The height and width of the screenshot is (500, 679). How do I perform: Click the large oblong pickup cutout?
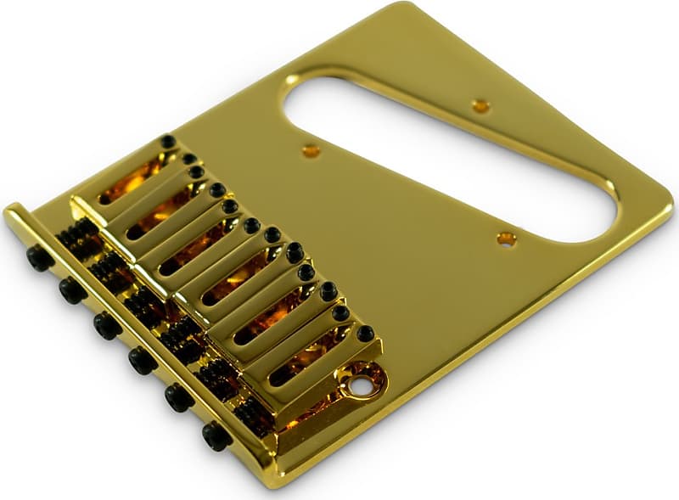pyautogui.click(x=450, y=153)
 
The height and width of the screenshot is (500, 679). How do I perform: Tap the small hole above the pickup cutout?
pyautogui.click(x=480, y=106)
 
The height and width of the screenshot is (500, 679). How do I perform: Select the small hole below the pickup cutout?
pyautogui.click(x=506, y=239)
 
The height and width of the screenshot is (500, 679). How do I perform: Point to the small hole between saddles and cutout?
pyautogui.click(x=311, y=151)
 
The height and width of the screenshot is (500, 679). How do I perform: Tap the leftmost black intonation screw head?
pyautogui.click(x=39, y=258)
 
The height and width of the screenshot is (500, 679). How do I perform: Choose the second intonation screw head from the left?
pyautogui.click(x=72, y=291)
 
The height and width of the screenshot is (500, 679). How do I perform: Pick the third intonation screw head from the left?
pyautogui.click(x=107, y=326)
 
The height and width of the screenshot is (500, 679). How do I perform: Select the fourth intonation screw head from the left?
pyautogui.click(x=143, y=361)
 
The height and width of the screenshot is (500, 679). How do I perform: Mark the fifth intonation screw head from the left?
pyautogui.click(x=179, y=397)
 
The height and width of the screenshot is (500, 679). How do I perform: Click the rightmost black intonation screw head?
pyautogui.click(x=216, y=435)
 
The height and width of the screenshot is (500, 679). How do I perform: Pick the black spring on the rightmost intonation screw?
pyautogui.click(x=255, y=413)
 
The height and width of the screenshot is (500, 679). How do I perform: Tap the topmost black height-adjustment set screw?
pyautogui.click(x=168, y=142)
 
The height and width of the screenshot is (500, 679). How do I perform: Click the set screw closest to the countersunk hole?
pyautogui.click(x=365, y=334)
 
